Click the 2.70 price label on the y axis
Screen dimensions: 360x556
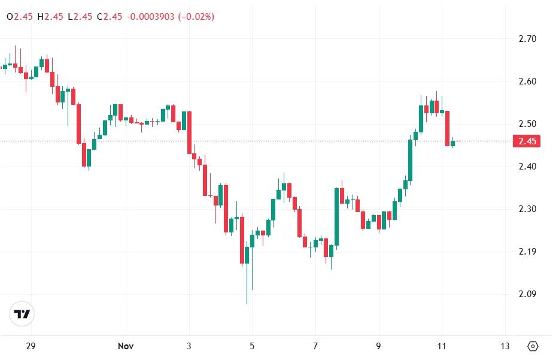(x=527, y=39)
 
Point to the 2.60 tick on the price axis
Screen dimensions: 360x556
(x=527, y=81)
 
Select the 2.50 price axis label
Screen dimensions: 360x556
(x=527, y=124)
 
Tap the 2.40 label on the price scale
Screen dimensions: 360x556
(x=527, y=167)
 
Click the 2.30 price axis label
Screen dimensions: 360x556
(x=527, y=209)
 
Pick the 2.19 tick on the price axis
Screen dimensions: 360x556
(x=527, y=252)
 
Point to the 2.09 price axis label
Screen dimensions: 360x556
(x=527, y=294)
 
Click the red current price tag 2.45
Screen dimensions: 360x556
(x=527, y=141)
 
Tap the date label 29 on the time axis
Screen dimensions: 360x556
(x=31, y=346)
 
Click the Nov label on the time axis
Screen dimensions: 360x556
(x=125, y=346)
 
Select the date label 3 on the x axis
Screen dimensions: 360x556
(x=189, y=346)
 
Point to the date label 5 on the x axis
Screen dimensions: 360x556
(x=252, y=346)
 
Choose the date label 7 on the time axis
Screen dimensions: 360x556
(x=315, y=346)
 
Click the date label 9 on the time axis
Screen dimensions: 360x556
(x=378, y=346)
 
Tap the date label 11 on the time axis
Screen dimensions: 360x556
(x=441, y=346)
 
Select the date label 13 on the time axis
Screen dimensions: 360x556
(x=505, y=346)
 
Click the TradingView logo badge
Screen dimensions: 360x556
(x=23, y=314)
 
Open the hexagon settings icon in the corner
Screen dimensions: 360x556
(x=533, y=346)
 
